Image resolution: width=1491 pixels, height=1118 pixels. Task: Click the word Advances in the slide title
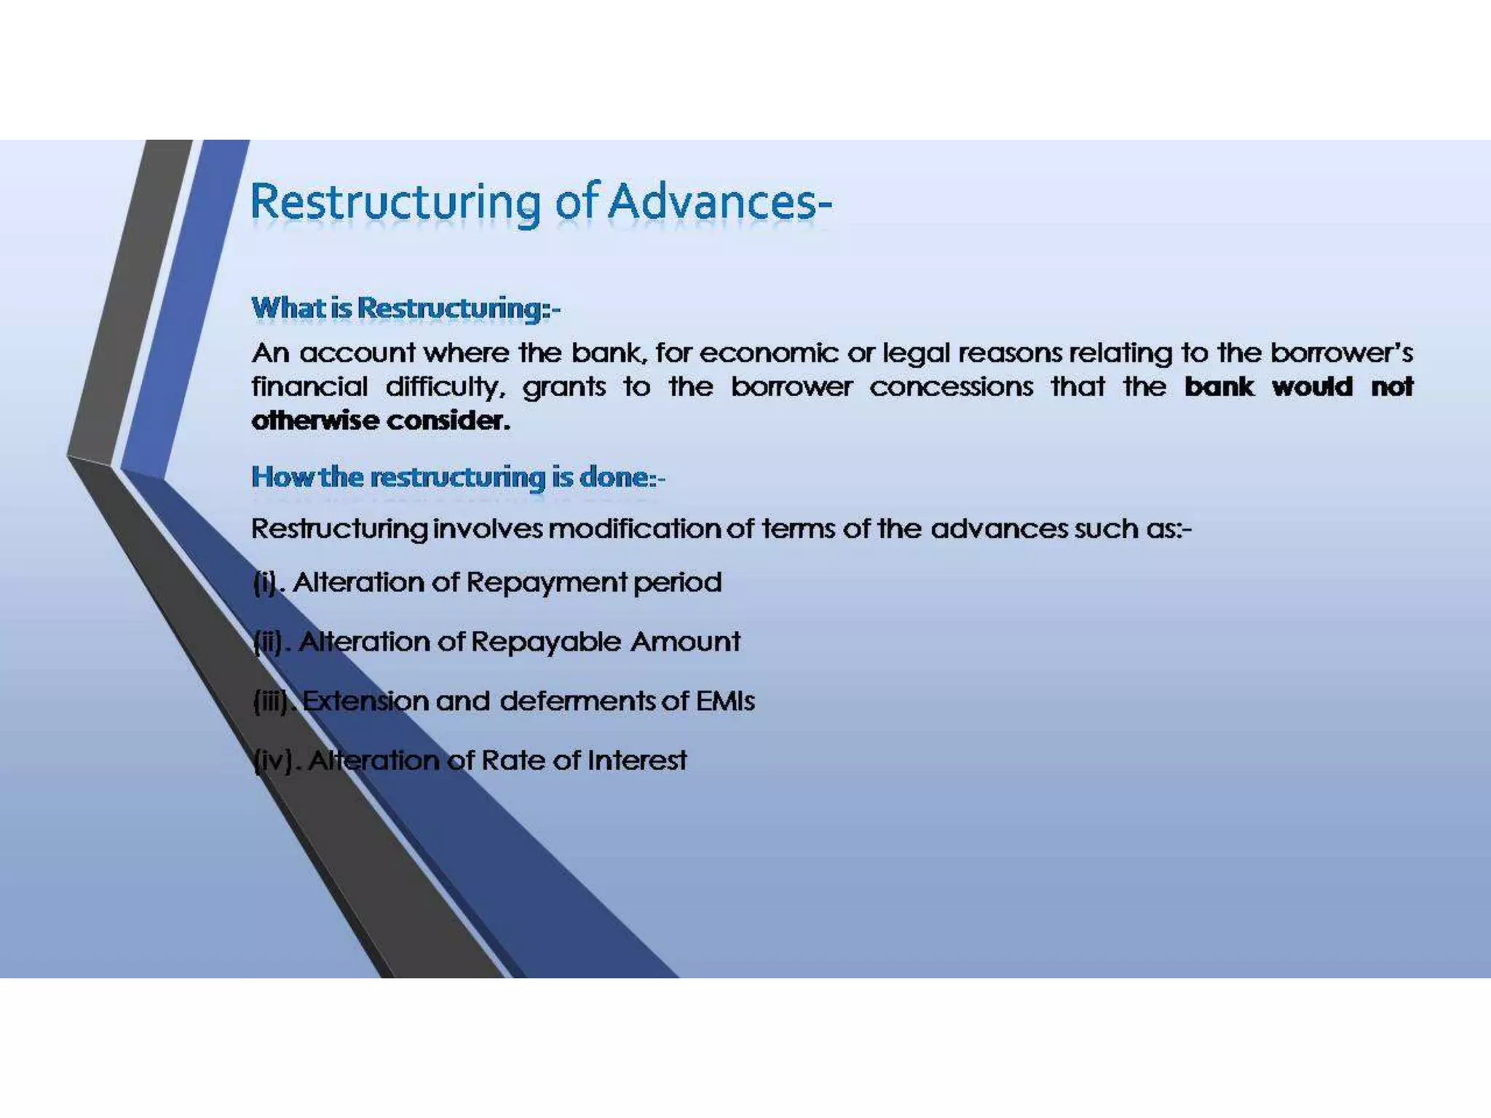pyautogui.click(x=720, y=202)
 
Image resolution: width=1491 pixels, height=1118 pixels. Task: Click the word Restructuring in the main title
pyautogui.click(x=396, y=203)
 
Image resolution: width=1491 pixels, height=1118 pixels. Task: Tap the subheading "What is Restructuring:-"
pyautogui.click(x=406, y=308)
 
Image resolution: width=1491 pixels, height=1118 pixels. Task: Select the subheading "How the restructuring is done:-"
pyautogui.click(x=458, y=477)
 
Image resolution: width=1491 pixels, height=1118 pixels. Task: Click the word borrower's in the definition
pyautogui.click(x=1341, y=353)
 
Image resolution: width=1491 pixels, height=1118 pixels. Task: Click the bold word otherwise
pyautogui.click(x=315, y=421)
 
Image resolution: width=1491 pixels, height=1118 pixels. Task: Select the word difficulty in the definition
pyautogui.click(x=445, y=387)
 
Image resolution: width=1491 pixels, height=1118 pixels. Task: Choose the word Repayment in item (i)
pyautogui.click(x=547, y=583)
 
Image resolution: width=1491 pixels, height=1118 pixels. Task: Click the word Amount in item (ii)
pyautogui.click(x=685, y=642)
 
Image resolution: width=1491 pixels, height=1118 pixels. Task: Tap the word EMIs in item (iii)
pyautogui.click(x=725, y=701)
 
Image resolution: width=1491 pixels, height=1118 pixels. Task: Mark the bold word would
pyautogui.click(x=1312, y=386)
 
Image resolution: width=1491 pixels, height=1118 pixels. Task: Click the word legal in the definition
pyautogui.click(x=917, y=354)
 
